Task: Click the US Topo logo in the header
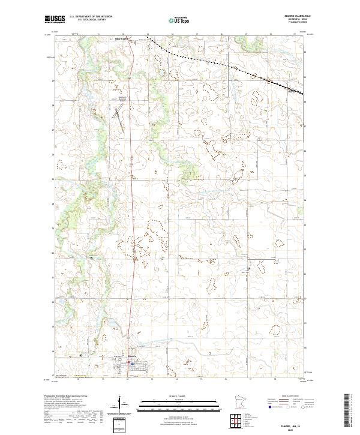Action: (x=181, y=20)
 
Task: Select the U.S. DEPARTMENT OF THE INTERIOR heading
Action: (x=91, y=17)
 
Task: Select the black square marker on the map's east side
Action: (x=249, y=268)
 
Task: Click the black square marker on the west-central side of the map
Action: (x=91, y=258)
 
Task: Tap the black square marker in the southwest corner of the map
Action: (x=82, y=355)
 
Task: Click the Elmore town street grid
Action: (x=129, y=364)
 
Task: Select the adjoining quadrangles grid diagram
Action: (x=235, y=421)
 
